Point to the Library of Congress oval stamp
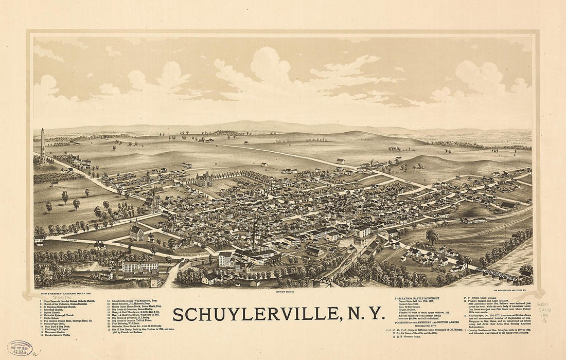(x=20, y=348)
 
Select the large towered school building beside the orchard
(x=204, y=179)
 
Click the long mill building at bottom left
(x=140, y=267)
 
